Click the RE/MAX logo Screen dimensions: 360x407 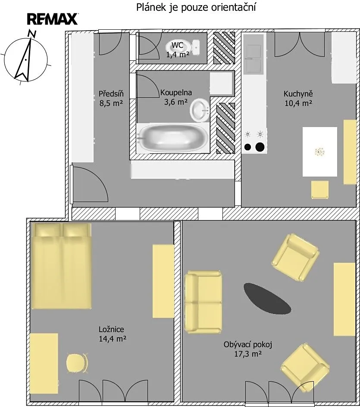coord(53,19)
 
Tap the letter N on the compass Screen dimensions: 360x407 coord(32,34)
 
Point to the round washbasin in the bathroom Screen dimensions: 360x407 coord(200,110)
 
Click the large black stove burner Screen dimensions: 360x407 coord(260,147)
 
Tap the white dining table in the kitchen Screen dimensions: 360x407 coord(320,152)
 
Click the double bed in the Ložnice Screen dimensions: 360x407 coord(61,266)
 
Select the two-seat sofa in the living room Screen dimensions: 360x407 coord(203,302)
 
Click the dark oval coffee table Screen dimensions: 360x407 coord(267,298)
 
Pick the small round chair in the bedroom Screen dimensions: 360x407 coord(77,363)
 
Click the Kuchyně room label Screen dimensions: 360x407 coord(298,93)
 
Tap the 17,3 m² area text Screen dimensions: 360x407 coord(248,354)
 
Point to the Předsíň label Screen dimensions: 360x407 coord(111,93)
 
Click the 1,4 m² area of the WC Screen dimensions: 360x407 coord(178,55)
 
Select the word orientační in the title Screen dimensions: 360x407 coord(233,7)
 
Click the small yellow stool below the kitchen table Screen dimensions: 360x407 coord(320,190)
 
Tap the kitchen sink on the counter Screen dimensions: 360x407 coord(254,59)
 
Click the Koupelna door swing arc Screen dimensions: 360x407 coord(151,83)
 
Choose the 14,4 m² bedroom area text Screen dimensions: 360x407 coord(113,339)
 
